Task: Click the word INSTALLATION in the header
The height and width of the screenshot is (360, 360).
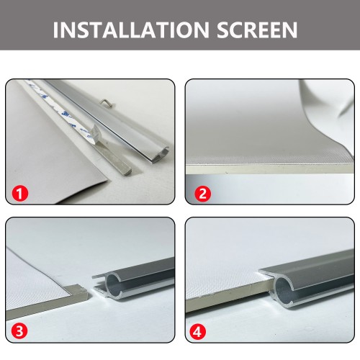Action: tap(131, 30)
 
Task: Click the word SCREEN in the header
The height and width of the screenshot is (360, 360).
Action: tap(257, 30)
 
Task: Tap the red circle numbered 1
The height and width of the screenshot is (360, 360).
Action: tap(20, 194)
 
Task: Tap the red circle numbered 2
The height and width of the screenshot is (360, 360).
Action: tap(203, 194)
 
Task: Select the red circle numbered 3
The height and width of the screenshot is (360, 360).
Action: tap(19, 331)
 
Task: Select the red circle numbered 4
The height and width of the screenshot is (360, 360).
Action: tap(198, 332)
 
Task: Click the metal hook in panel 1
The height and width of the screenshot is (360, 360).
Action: tap(107, 102)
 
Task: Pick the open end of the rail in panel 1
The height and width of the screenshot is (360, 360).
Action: tap(161, 153)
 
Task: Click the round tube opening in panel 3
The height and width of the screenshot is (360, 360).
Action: tap(114, 283)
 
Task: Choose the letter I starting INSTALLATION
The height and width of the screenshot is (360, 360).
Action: tap(55, 30)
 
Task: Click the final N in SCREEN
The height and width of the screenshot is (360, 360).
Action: tap(290, 30)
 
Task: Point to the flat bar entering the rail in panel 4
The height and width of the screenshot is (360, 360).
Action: tap(230, 294)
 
